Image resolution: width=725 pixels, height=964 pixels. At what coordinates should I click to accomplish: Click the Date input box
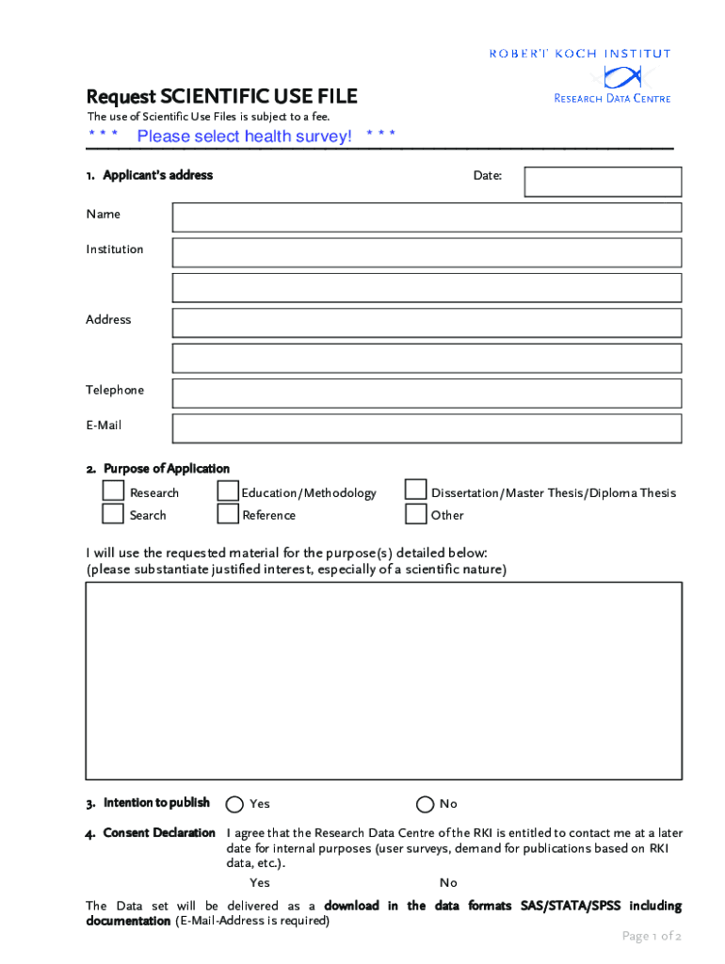pyautogui.click(x=603, y=182)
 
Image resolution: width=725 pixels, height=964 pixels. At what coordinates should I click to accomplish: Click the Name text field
pyautogui.click(x=427, y=217)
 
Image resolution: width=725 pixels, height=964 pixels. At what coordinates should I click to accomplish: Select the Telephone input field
pyautogui.click(x=427, y=393)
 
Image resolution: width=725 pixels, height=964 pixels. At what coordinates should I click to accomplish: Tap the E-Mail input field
pyautogui.click(x=427, y=428)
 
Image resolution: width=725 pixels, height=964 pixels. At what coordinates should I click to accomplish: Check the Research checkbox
pyautogui.click(x=113, y=491)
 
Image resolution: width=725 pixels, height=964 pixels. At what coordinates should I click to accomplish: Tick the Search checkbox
pyautogui.click(x=113, y=514)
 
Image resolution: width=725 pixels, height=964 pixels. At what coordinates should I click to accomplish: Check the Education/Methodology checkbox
pyautogui.click(x=227, y=491)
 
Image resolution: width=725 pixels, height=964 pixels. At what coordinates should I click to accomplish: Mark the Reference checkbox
pyautogui.click(x=227, y=514)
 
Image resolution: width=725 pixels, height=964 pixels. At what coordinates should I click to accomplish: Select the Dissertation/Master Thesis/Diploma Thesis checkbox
pyautogui.click(x=415, y=490)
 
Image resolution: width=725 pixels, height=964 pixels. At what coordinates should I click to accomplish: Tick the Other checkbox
pyautogui.click(x=415, y=514)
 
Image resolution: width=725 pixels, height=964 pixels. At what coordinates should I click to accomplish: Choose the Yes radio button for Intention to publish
pyautogui.click(x=235, y=804)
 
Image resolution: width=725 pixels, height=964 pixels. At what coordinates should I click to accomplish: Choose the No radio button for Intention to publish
pyautogui.click(x=425, y=804)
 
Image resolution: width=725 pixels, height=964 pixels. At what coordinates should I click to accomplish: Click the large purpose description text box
pyautogui.click(x=383, y=681)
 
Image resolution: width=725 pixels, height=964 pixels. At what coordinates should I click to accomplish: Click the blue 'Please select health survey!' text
pyautogui.click(x=244, y=137)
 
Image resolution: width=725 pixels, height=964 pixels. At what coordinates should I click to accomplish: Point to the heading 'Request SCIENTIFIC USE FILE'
pyautogui.click(x=221, y=97)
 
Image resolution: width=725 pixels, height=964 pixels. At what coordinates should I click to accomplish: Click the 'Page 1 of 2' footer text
pyautogui.click(x=651, y=936)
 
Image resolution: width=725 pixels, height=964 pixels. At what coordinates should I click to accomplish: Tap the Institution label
pyautogui.click(x=115, y=249)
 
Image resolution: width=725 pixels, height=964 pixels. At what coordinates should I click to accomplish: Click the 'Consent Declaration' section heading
pyautogui.click(x=158, y=833)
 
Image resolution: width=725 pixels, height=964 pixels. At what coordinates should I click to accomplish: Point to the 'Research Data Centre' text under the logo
pyautogui.click(x=612, y=98)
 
